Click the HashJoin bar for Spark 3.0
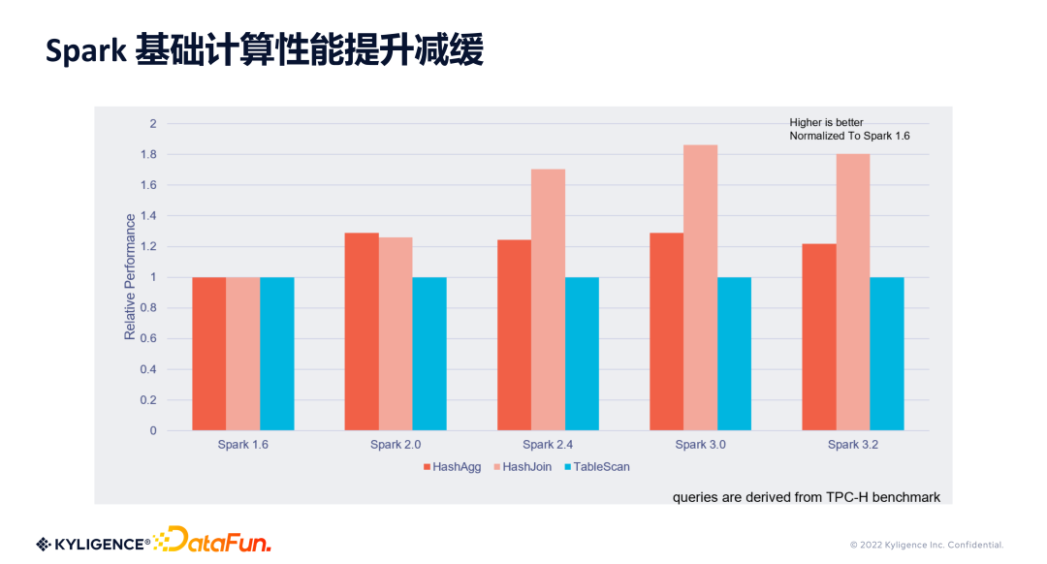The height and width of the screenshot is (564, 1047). click(x=700, y=288)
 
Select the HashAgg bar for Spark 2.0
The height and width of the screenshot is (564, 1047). click(x=362, y=331)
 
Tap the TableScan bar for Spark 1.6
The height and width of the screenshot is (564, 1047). click(x=277, y=354)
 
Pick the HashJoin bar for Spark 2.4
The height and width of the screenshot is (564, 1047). click(x=548, y=299)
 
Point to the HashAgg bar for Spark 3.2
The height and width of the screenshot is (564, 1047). click(x=819, y=337)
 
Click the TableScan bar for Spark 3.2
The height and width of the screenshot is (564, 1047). click(x=887, y=354)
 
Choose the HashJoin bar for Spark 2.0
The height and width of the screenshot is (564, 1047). click(x=396, y=333)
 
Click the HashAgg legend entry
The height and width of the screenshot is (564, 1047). click(x=452, y=467)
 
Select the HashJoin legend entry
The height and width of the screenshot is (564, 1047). click(x=522, y=467)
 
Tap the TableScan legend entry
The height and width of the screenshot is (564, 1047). click(x=595, y=467)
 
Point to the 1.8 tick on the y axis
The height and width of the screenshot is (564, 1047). click(x=149, y=154)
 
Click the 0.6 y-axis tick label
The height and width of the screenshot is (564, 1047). click(x=149, y=338)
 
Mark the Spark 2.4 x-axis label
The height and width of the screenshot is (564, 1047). click(x=548, y=445)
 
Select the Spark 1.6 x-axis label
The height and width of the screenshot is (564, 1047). click(x=242, y=445)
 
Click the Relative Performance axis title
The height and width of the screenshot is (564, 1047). click(x=130, y=277)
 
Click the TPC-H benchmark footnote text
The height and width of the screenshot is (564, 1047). click(x=807, y=497)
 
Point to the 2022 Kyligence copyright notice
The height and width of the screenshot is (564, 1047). click(x=927, y=545)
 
